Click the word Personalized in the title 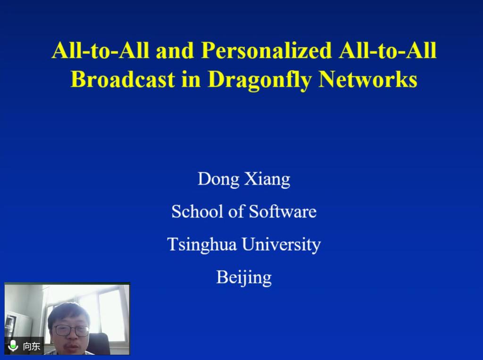click(266, 50)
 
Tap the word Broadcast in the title click(123, 79)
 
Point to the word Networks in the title click(368, 79)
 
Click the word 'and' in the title click(175, 50)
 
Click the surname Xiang click(267, 179)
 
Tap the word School click(198, 211)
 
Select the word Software click(283, 211)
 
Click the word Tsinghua click(202, 245)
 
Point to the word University click(281, 245)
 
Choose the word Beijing click(244, 278)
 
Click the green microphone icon click(13, 346)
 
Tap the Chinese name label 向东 click(32, 346)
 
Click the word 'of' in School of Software click(236, 211)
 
